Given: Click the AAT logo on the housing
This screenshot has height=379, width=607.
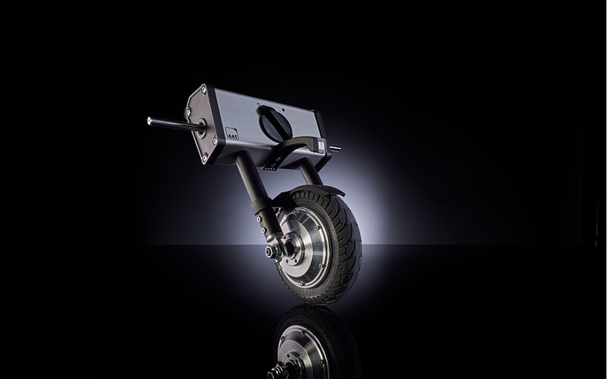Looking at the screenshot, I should tap(231, 134).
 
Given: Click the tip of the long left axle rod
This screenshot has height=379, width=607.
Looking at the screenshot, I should tap(150, 120).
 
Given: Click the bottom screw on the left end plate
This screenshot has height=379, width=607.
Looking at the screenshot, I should tap(204, 158).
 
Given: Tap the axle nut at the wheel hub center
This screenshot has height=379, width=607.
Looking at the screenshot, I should tap(269, 250).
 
